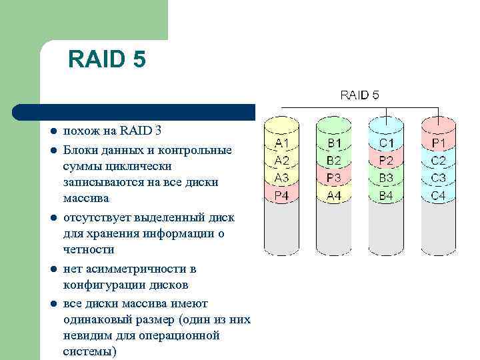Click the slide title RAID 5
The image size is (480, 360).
[x=107, y=61]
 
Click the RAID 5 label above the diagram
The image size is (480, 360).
[x=359, y=95]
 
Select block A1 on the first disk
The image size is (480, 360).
[x=282, y=143]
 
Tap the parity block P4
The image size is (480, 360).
[x=282, y=195]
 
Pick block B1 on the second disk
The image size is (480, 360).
[x=334, y=143]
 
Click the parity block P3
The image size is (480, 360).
[x=334, y=178]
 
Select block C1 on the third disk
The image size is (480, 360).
[x=386, y=143]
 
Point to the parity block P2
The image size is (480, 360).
[x=386, y=161]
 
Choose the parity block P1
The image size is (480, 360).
[x=439, y=143]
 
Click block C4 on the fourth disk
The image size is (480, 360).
[x=439, y=195]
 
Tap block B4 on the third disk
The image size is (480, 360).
[x=386, y=195]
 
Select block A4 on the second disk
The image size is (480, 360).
[x=334, y=195]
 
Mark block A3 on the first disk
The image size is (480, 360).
[x=282, y=178]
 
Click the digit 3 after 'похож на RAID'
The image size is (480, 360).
[x=157, y=130]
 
